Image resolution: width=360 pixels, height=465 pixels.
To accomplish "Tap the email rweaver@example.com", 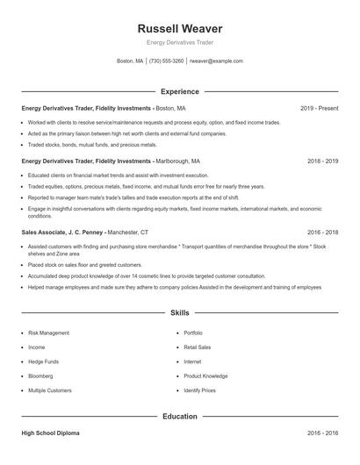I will pyautogui.click(x=216, y=61).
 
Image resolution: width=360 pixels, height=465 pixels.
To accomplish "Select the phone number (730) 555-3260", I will pyautogui.click(x=167, y=61).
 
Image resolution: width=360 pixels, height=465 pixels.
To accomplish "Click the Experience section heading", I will pyautogui.click(x=179, y=91).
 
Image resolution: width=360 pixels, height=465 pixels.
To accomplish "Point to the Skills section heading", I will pyautogui.click(x=179, y=312).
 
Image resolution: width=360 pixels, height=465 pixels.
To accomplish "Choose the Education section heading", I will pyautogui.click(x=179, y=416).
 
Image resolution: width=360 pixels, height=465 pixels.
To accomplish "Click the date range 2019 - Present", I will pyautogui.click(x=319, y=108).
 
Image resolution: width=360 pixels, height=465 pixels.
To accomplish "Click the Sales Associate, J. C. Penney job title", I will pyautogui.click(x=63, y=232).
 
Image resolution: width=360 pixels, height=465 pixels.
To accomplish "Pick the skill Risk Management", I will pyautogui.click(x=48, y=333).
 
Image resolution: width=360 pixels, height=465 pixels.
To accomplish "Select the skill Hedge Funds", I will pyautogui.click(x=43, y=361).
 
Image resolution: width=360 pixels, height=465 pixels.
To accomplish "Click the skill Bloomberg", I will pyautogui.click(x=41, y=376).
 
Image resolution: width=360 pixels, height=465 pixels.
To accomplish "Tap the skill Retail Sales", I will pyautogui.click(x=198, y=347).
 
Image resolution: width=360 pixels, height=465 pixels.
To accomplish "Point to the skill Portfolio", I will pyautogui.click(x=192, y=333).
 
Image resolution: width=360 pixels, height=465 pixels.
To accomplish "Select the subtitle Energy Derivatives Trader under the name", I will pyautogui.click(x=179, y=42).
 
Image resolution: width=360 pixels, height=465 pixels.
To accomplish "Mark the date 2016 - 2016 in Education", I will pyautogui.click(x=322, y=433).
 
